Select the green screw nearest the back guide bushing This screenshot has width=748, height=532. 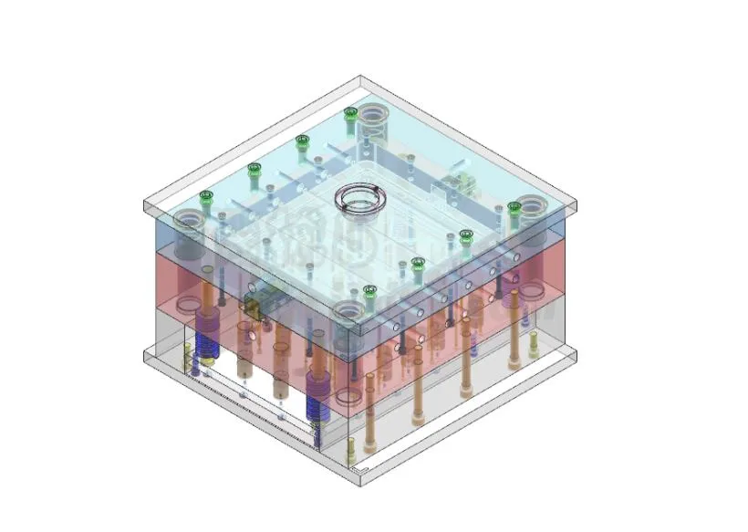pos(349,114)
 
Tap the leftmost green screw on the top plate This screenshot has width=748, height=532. pos(206,196)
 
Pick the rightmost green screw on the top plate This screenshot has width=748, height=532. pos(514,208)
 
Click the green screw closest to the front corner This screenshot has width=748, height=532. pos(370,292)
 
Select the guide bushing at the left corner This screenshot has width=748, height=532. pos(188,220)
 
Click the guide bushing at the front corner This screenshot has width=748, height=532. pos(348,313)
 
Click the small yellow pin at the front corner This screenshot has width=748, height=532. pos(351,448)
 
